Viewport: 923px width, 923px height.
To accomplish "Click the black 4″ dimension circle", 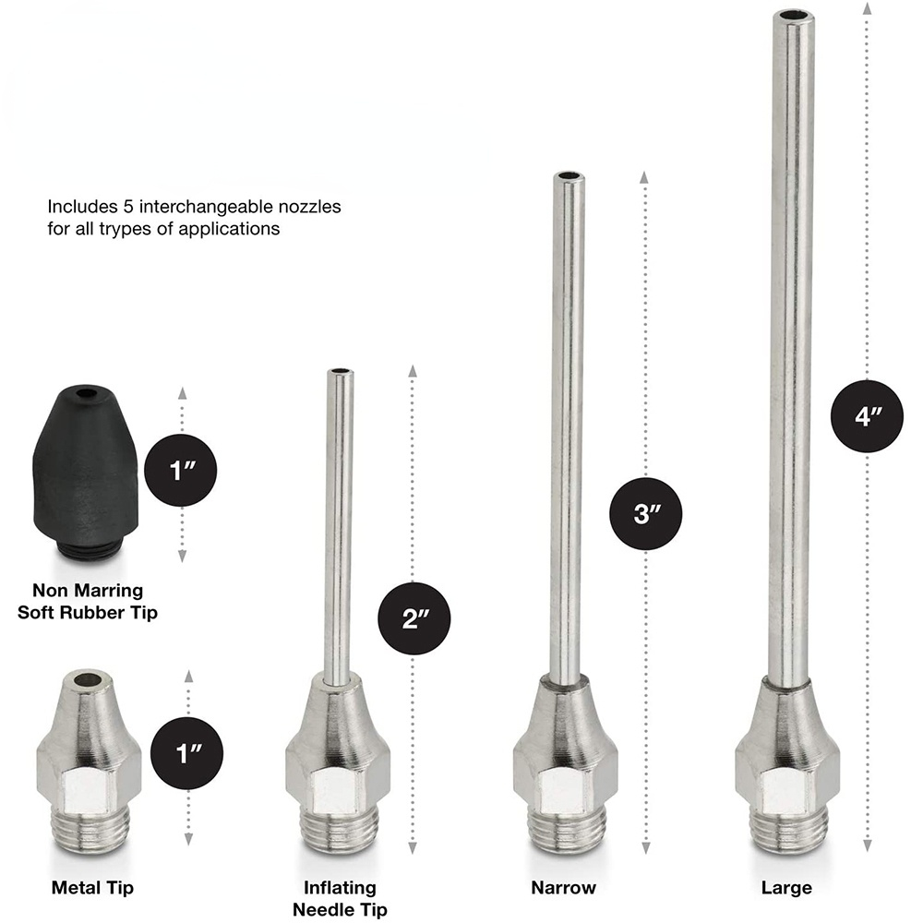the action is (x=867, y=416).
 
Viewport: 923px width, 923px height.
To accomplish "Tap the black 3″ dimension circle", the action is (x=646, y=513).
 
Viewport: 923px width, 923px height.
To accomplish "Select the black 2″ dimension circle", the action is (x=414, y=618).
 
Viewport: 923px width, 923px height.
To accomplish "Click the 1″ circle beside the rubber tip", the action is (x=181, y=471).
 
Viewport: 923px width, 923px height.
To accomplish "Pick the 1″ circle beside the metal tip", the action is (x=187, y=753).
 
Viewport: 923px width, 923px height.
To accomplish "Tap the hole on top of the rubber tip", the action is (x=87, y=392).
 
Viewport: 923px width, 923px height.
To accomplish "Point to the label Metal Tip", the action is (x=92, y=887).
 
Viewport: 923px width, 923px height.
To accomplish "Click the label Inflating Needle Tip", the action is (x=340, y=898).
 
